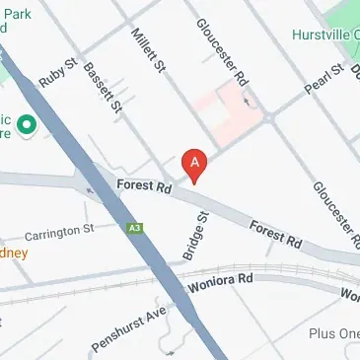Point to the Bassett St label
pos(103,86)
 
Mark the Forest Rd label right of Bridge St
pos(275,234)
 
